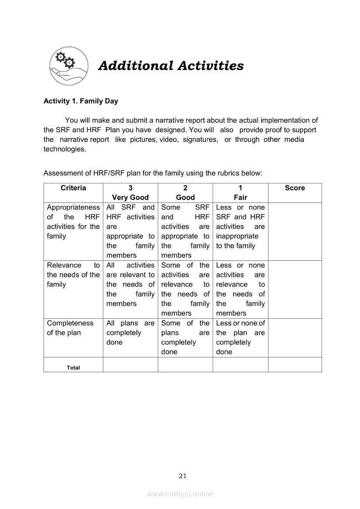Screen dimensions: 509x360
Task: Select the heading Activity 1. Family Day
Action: click(x=81, y=101)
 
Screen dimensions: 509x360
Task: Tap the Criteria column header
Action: click(x=73, y=188)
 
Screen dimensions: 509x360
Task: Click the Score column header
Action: click(x=295, y=188)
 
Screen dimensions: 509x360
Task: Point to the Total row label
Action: click(x=73, y=367)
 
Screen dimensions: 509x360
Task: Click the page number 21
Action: click(x=183, y=476)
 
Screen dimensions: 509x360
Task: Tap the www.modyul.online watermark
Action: click(x=180, y=494)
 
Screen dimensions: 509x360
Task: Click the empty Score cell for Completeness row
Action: click(x=295, y=337)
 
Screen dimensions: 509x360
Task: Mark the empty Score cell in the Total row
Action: click(x=295, y=365)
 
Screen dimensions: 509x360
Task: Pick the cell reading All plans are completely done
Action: click(x=130, y=333)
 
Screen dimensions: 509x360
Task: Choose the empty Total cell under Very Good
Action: click(x=130, y=365)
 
